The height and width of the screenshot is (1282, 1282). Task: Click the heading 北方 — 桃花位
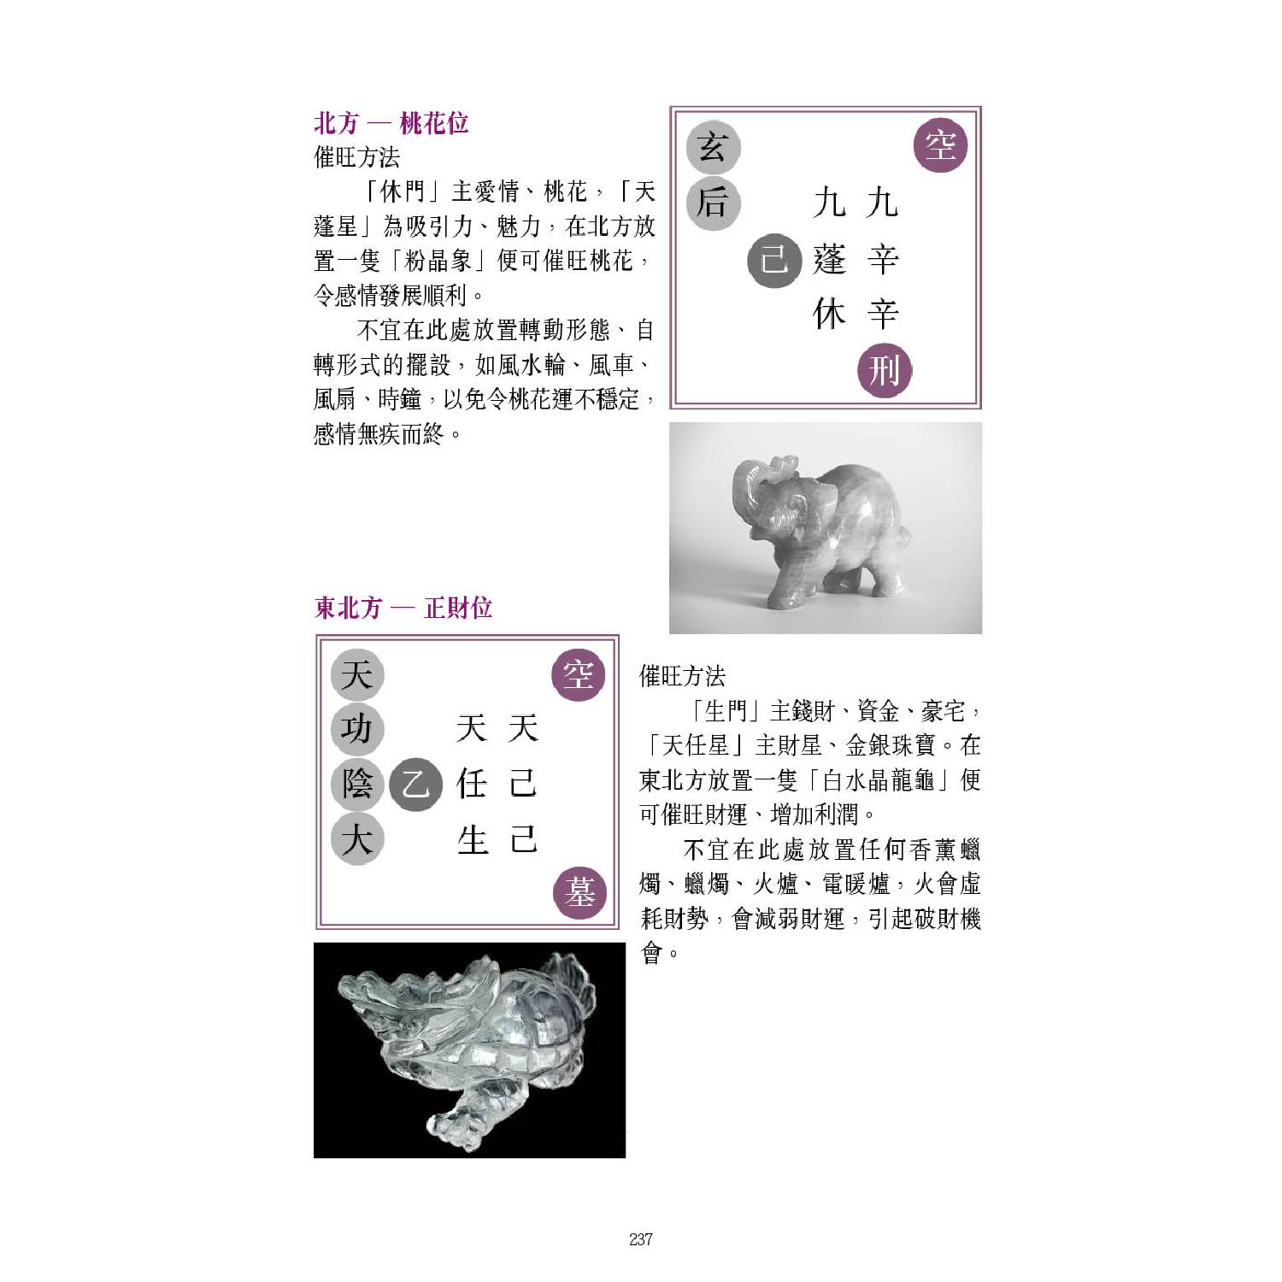(391, 123)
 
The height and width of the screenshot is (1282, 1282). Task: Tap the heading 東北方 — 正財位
(403, 608)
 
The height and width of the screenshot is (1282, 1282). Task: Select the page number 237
(641, 1239)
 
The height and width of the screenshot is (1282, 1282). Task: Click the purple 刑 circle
(885, 371)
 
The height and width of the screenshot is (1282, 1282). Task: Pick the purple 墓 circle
(579, 893)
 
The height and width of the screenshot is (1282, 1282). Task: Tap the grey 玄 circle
(713, 149)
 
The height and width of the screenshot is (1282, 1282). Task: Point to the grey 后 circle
(713, 203)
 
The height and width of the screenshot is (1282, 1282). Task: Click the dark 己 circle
(774, 259)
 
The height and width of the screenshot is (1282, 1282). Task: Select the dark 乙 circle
(415, 784)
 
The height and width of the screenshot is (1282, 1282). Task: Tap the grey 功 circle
(356, 729)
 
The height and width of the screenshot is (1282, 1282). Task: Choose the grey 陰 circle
(356, 784)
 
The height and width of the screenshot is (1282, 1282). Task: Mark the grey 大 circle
(356, 838)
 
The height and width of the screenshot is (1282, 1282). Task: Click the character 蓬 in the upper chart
(829, 259)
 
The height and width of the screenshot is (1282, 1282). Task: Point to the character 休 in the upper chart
(829, 315)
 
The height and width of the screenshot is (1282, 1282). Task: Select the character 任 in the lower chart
(472, 784)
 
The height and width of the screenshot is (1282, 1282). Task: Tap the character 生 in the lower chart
(472, 840)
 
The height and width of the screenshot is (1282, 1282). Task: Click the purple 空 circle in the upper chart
(940, 145)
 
